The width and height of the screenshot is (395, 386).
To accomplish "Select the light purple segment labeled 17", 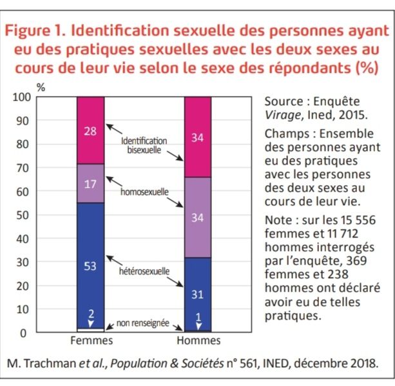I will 91,183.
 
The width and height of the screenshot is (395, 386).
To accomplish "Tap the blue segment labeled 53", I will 91,265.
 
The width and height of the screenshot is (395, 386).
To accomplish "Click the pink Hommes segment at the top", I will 198,137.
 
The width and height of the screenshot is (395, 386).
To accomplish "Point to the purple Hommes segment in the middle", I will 198,218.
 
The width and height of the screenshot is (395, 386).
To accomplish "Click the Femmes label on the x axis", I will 91,341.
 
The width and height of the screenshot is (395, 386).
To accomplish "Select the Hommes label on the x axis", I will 198,341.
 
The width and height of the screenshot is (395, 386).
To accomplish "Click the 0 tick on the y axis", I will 24,333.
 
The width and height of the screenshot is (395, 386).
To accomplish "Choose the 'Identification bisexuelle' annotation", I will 144,145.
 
